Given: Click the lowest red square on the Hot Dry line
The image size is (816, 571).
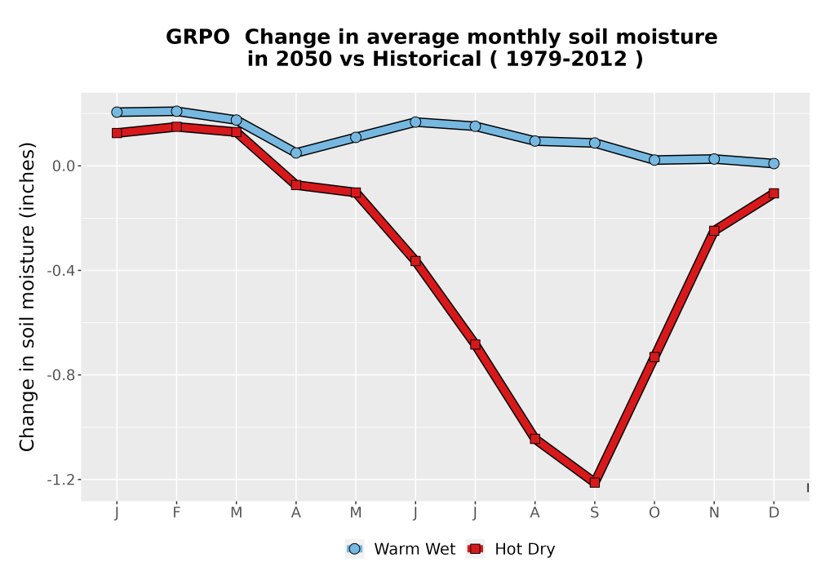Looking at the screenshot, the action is pos(594,483).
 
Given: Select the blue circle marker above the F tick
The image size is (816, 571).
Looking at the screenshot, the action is pos(176,111).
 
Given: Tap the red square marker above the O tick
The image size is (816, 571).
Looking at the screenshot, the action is pos(654,357).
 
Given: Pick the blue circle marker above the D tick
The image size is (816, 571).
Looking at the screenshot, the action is pos(774,163).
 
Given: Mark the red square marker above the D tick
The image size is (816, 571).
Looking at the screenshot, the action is pos(774,193).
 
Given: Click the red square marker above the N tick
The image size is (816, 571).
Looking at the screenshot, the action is pos(714,231).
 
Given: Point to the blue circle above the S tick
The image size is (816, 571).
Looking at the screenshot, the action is pos(594,143).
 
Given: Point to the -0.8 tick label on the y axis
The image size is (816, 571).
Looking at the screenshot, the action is pos(61,375).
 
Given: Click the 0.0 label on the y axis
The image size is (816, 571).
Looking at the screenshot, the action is pos(64,166).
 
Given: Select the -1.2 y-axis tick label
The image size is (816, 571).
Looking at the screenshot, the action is pos(61,480).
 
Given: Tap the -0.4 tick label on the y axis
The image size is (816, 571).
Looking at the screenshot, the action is pos(61,271).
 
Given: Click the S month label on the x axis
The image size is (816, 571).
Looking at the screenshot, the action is pos(594,513).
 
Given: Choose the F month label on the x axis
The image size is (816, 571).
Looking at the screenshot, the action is pos(176,513).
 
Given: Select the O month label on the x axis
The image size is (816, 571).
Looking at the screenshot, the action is pos(654,513).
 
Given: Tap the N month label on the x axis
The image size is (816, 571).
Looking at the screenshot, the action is pos(714,513).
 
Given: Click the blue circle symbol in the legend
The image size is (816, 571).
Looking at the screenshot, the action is pos(354,549).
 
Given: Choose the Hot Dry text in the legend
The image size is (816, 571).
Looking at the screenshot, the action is pos(525,549).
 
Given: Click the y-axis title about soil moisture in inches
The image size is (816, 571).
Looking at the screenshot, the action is pos(27,297).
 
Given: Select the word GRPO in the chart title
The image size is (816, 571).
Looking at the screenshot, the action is pos(197,38).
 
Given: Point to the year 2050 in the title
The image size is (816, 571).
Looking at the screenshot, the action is pos(304,60).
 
